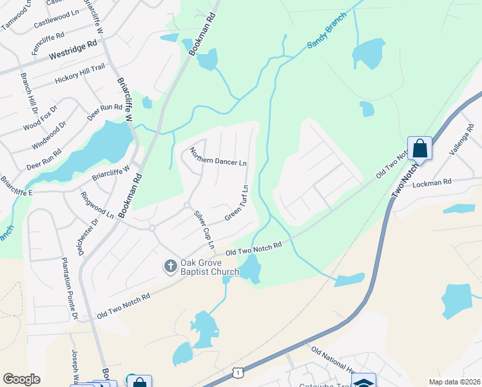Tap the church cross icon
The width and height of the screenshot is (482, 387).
[x=171, y=266]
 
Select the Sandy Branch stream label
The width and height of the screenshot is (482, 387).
[x=327, y=39]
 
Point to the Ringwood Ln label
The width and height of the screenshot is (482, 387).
[x=97, y=205]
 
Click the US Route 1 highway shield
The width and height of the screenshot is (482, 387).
[x=239, y=373]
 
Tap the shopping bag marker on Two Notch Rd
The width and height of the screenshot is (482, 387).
[x=419, y=148]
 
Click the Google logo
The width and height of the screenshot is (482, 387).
[x=22, y=379]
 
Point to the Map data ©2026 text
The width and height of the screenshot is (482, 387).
[x=454, y=382]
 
